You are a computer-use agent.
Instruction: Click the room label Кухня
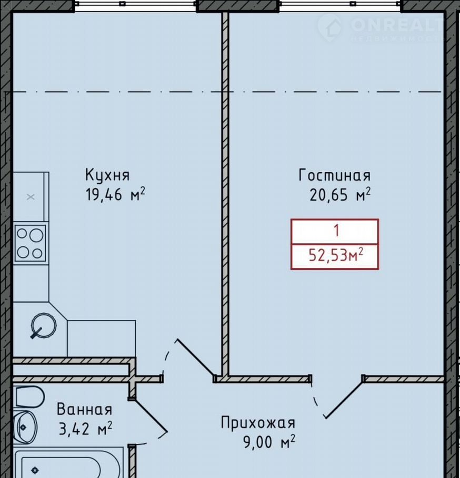(107, 175)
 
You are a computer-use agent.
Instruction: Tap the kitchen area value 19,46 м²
(115, 194)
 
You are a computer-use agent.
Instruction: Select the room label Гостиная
(334, 175)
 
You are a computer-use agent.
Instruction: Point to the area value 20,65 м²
(340, 194)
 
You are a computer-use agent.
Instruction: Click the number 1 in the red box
(336, 231)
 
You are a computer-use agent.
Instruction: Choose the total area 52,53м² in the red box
(336, 255)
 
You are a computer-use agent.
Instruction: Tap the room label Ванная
(85, 409)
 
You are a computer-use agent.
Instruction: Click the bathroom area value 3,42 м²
(85, 428)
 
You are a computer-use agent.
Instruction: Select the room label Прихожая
(258, 423)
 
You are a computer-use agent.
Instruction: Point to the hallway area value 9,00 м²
(269, 442)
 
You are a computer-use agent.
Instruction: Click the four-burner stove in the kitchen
(30, 243)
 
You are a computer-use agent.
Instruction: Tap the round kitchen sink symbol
(43, 325)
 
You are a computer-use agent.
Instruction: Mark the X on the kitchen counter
(30, 197)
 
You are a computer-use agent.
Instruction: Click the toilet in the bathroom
(29, 397)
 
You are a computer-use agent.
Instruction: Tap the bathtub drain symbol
(35, 470)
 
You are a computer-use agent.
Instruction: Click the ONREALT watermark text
(397, 25)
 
